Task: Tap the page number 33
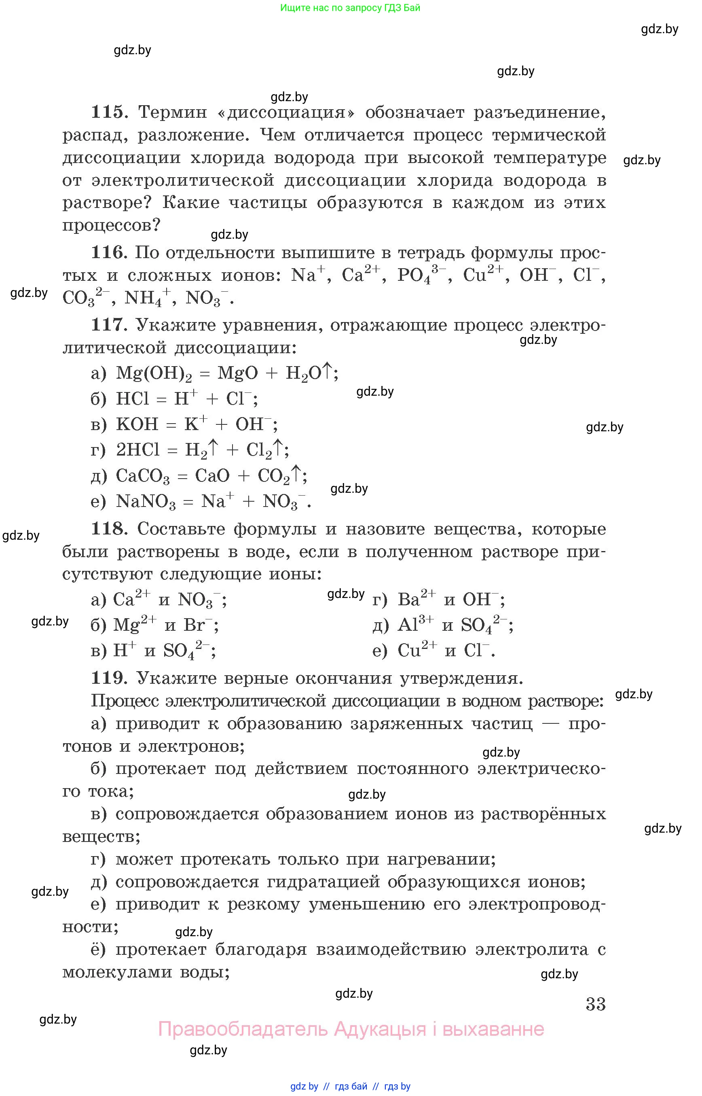click(595, 1004)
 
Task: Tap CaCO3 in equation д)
click(142, 476)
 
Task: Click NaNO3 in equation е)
click(146, 502)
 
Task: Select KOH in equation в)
click(137, 425)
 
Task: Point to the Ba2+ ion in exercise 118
click(416, 599)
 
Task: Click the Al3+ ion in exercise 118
click(415, 625)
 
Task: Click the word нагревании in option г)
click(441, 859)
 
